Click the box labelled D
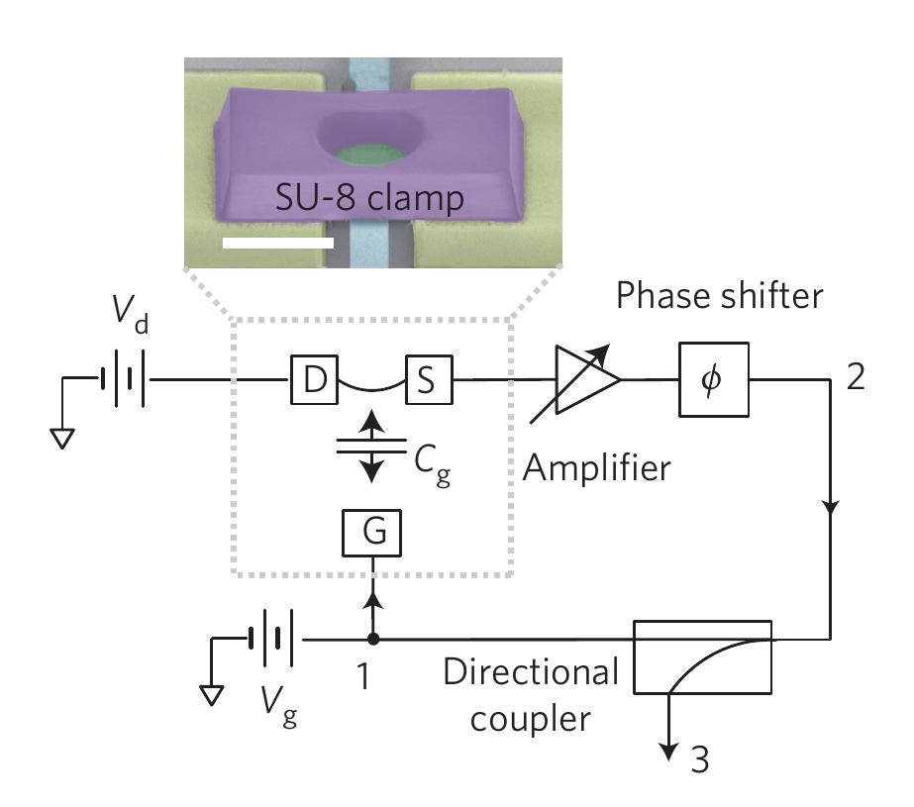point(314,378)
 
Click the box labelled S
point(427,378)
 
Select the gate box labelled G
point(370,534)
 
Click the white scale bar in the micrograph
point(278,241)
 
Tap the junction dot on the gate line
point(371,640)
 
